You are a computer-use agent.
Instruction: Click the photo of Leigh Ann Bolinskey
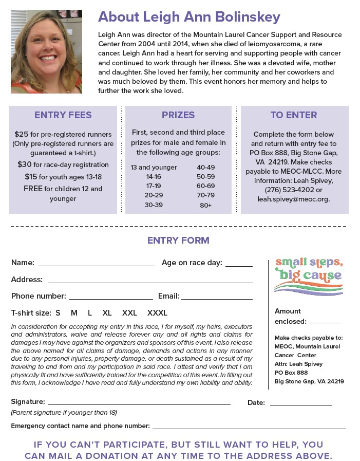click(x=46, y=51)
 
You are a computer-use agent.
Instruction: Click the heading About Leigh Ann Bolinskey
click(x=189, y=17)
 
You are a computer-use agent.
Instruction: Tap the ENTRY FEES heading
click(x=63, y=115)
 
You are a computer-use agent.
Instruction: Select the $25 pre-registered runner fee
click(x=22, y=135)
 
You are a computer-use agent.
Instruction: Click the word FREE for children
click(x=32, y=189)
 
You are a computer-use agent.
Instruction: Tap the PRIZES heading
click(x=178, y=115)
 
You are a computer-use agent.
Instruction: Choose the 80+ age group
click(x=205, y=205)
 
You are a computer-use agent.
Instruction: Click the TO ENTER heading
click(x=294, y=115)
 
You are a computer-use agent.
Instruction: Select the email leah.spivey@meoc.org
click(x=294, y=199)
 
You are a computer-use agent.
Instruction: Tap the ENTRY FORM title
click(x=178, y=241)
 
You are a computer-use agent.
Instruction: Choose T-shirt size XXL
click(x=129, y=312)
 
